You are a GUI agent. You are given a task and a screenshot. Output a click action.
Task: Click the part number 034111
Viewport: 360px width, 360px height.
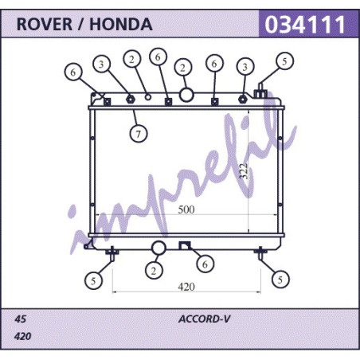305,25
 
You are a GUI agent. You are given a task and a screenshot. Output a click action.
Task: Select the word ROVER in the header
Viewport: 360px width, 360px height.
45,25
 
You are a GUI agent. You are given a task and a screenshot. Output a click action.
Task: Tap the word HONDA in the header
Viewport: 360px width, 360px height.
121,25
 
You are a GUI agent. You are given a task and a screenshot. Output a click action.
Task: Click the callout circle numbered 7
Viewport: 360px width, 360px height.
139,134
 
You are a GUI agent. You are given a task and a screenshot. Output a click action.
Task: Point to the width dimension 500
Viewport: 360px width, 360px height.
186,209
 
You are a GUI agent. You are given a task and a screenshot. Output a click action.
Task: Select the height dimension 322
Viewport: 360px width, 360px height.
244,170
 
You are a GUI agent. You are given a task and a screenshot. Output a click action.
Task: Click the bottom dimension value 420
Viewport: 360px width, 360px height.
186,287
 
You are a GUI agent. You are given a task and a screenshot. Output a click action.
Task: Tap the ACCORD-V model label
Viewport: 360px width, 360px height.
204,319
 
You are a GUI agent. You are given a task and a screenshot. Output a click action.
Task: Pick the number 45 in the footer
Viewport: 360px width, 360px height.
20,319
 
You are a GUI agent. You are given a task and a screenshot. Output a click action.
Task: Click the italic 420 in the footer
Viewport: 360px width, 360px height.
23,336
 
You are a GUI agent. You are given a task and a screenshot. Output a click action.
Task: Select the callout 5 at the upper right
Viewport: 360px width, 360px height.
284,61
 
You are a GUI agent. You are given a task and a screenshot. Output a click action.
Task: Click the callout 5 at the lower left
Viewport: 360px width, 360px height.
93,280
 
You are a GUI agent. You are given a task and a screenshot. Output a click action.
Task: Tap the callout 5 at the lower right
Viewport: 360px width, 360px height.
280,280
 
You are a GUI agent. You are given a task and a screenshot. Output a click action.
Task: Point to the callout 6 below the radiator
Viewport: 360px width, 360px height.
205,264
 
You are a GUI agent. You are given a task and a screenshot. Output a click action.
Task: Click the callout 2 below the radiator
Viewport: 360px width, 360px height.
154,271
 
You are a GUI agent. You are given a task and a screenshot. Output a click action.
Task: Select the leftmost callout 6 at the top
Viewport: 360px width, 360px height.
73,72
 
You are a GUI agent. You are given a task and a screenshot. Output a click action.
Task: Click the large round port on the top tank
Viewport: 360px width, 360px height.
186,95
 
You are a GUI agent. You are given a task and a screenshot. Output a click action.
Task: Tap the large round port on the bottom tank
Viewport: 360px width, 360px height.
158,248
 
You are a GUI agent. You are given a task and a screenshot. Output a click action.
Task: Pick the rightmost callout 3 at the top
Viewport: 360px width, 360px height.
245,67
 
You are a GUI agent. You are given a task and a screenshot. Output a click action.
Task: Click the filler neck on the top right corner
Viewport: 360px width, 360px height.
260,91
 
